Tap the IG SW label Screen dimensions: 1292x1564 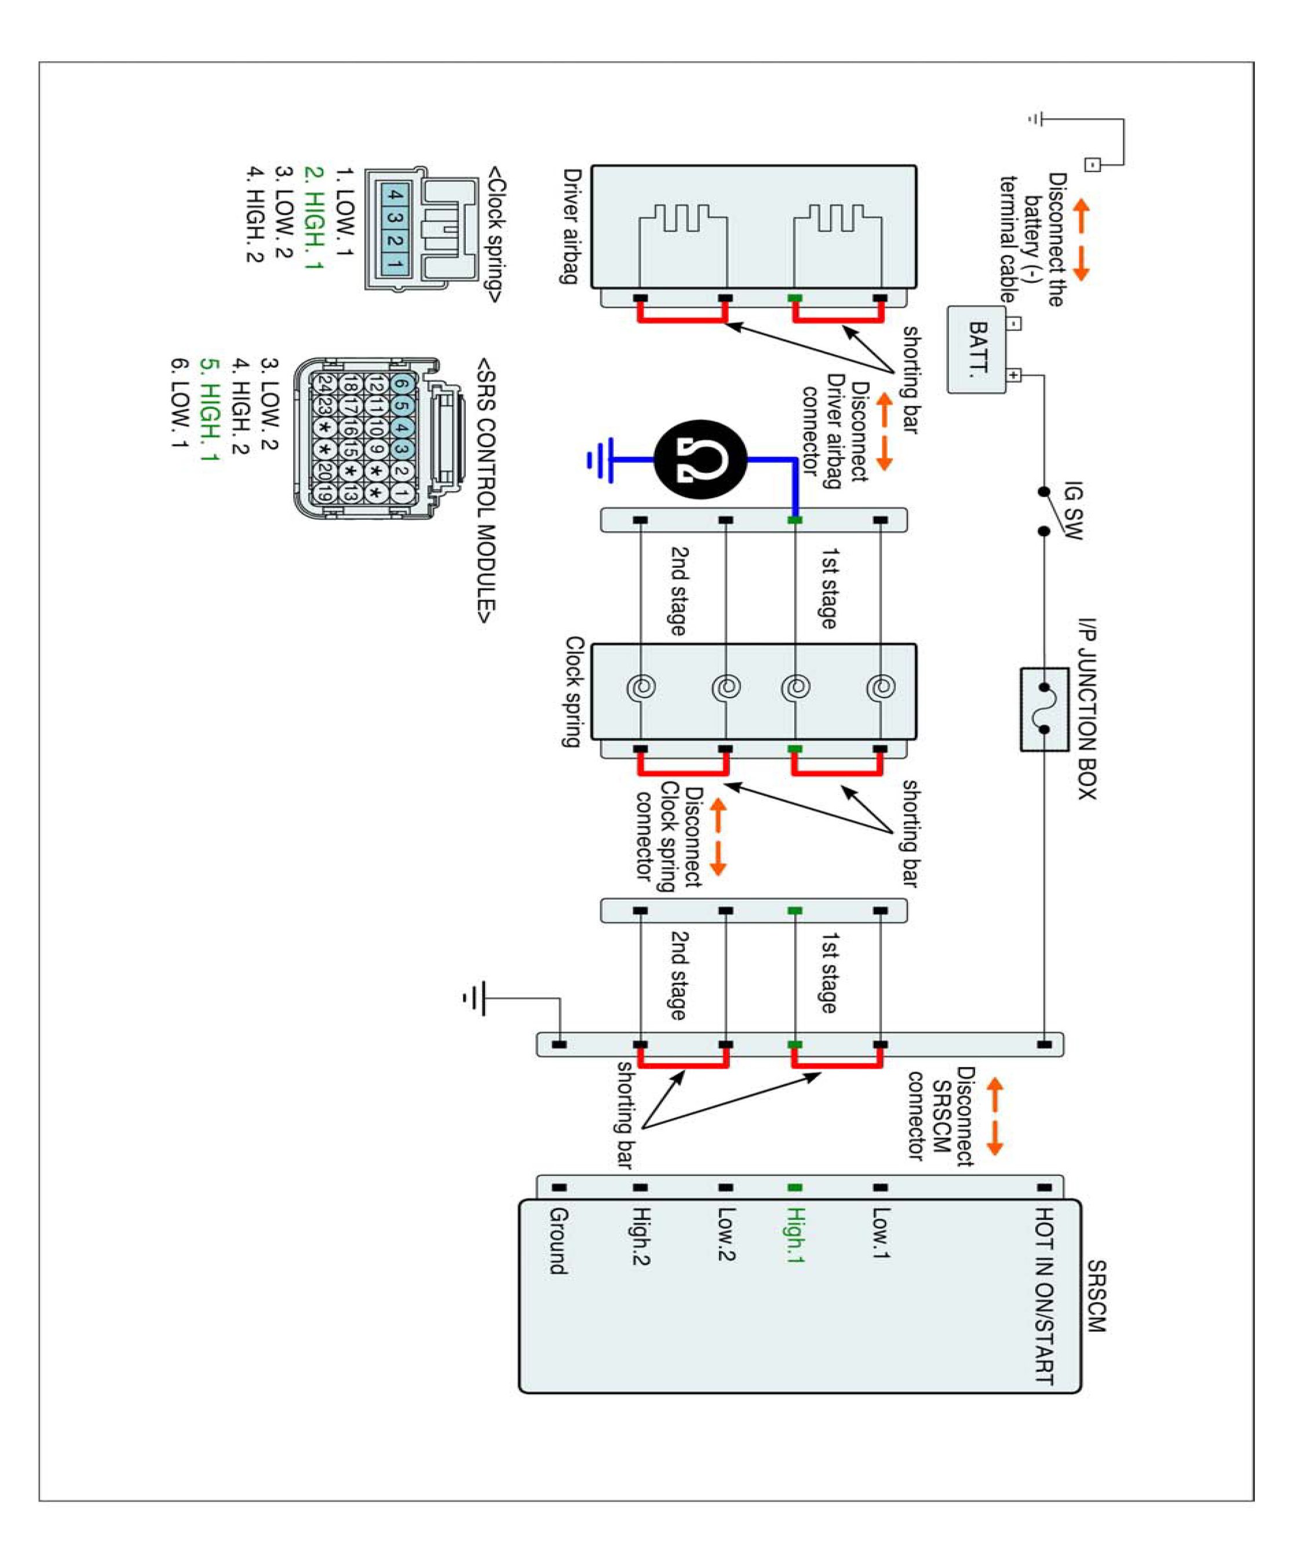(x=1073, y=511)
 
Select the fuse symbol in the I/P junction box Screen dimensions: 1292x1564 (x=1044, y=708)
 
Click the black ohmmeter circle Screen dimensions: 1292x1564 (x=700, y=460)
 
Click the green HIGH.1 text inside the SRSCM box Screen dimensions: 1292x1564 (x=795, y=1236)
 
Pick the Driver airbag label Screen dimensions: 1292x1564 (x=571, y=225)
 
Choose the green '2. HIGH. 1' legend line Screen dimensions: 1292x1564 (x=314, y=218)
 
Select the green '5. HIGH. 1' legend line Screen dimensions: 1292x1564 (x=210, y=410)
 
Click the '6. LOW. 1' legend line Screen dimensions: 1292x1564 (x=180, y=404)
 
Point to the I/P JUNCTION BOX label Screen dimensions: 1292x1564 (x=1087, y=708)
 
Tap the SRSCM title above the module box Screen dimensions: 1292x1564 (x=1096, y=1295)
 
